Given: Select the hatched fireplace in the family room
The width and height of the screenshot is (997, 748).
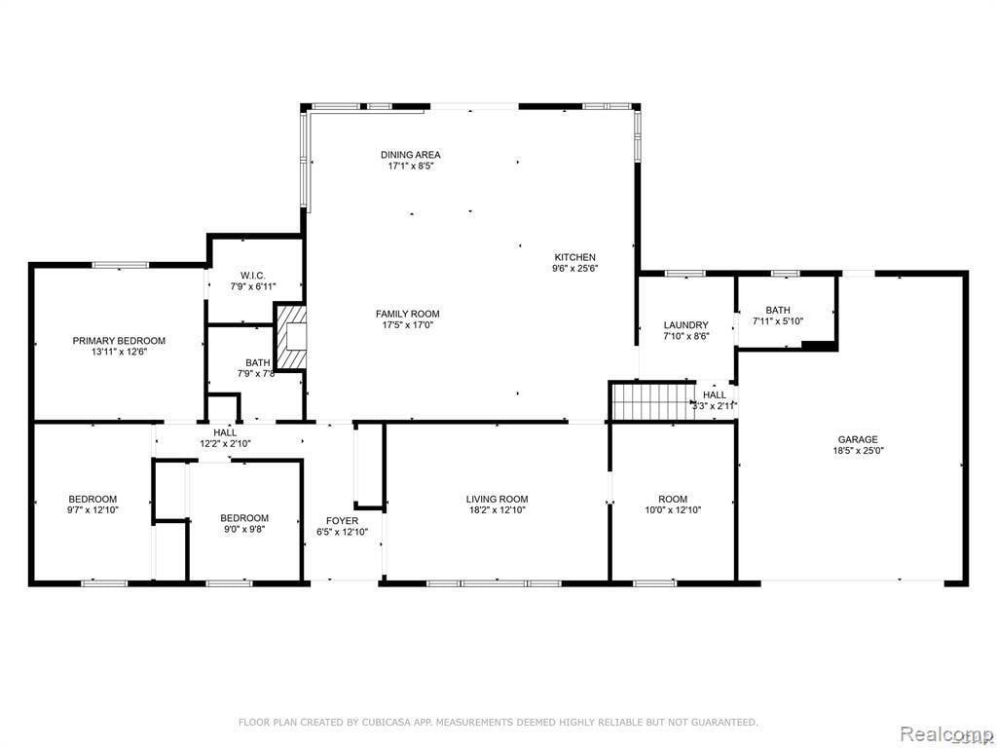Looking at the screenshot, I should coord(292,337).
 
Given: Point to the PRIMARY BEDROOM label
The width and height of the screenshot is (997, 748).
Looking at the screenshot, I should coord(119,341).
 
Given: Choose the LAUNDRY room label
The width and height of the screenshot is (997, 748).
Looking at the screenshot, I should coord(685,325).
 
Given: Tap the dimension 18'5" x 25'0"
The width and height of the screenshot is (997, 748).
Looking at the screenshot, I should coord(857,451).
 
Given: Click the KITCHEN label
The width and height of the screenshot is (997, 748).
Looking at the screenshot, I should coord(575,257).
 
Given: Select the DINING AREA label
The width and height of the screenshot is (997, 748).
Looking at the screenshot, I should coord(410,155).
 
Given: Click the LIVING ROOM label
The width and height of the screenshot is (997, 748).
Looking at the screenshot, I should coord(497,499).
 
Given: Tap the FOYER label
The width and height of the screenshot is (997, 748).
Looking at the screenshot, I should coord(342,520).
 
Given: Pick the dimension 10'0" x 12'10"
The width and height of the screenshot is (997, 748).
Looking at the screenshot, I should coord(672,510).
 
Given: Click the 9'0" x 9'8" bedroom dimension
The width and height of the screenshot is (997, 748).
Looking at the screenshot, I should coord(244,529).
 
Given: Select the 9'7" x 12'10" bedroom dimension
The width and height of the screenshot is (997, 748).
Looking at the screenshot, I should coord(92,510).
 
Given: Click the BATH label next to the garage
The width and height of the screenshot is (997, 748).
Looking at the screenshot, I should coord(777,310).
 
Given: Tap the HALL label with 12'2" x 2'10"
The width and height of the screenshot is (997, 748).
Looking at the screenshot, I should coord(225,432).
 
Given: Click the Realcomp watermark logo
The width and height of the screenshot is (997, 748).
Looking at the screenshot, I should coord(945,732).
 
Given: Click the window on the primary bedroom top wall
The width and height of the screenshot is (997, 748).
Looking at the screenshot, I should coord(120,264).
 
